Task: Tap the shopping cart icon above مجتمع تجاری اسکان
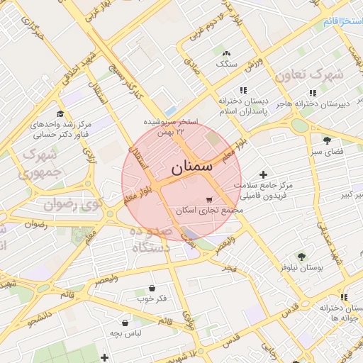coord(209,199)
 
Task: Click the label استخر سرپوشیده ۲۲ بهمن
coord(171,126)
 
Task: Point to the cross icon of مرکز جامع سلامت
coord(264,174)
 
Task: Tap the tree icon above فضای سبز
coord(327,140)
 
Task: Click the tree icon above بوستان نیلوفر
coord(302,257)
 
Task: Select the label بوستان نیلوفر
coord(302,269)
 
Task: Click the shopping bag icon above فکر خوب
coord(152,288)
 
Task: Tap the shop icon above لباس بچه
coord(125,322)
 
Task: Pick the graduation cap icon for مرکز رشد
coord(60,113)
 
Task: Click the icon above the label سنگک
coord(226,53)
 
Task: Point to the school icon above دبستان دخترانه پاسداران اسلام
coord(244,90)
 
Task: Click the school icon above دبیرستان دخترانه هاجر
coord(312,92)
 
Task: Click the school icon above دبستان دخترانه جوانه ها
coord(344,297)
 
